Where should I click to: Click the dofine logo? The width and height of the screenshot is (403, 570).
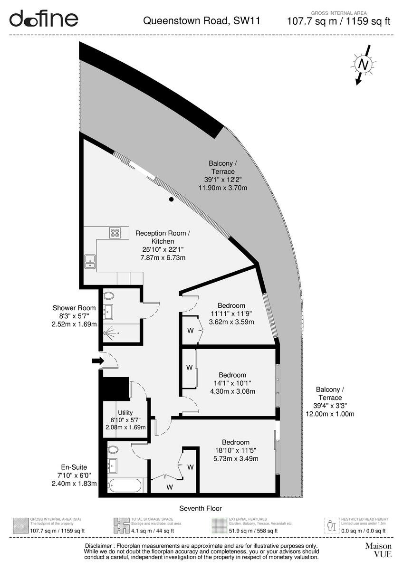pyautogui.click(x=44, y=19)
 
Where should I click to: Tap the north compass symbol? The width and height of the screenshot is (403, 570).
pyautogui.click(x=364, y=65)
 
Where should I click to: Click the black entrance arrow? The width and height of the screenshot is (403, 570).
pyautogui.click(x=97, y=361)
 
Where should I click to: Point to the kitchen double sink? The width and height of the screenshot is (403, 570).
pyautogui.click(x=90, y=261)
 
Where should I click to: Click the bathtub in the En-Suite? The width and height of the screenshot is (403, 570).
pyautogui.click(x=125, y=485)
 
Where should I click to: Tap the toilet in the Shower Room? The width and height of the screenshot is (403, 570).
pyautogui.click(x=109, y=296)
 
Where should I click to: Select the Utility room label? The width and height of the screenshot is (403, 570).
pyautogui.click(x=125, y=413)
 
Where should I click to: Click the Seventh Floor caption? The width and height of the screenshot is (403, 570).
pyautogui.click(x=201, y=508)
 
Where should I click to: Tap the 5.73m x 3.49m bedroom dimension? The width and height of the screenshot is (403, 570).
pyautogui.click(x=236, y=459)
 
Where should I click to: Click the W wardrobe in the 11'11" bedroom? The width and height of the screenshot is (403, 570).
pyautogui.click(x=190, y=330)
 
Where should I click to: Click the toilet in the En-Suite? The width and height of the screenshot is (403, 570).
pyautogui.click(x=113, y=449)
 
